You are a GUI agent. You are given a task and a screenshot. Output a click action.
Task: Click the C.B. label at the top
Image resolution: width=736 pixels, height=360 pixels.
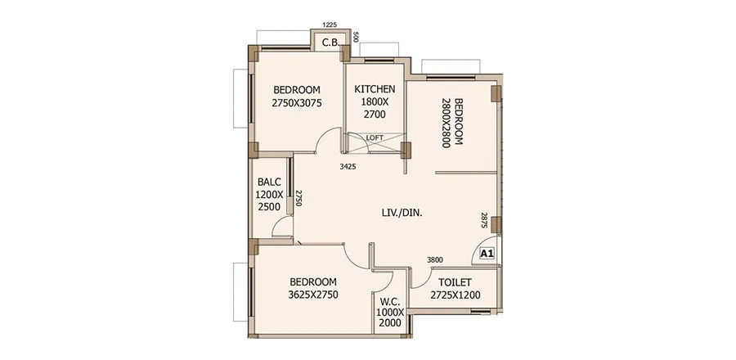point(330,42)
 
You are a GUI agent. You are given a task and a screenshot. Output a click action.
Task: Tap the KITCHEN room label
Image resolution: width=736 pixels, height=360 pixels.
point(375,89)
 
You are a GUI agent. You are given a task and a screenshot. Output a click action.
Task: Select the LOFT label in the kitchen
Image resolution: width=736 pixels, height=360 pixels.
point(375,137)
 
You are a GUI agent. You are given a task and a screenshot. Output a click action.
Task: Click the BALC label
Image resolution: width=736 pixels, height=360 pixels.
point(269,182)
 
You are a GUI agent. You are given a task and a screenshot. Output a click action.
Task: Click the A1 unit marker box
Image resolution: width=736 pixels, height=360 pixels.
point(487,254)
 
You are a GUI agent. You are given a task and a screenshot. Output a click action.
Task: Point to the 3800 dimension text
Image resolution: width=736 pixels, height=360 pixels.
point(436,260)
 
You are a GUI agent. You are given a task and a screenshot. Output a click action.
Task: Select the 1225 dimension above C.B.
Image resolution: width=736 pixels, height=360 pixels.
point(330,26)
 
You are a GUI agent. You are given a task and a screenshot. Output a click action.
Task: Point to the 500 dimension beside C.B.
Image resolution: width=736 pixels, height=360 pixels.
point(355,38)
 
